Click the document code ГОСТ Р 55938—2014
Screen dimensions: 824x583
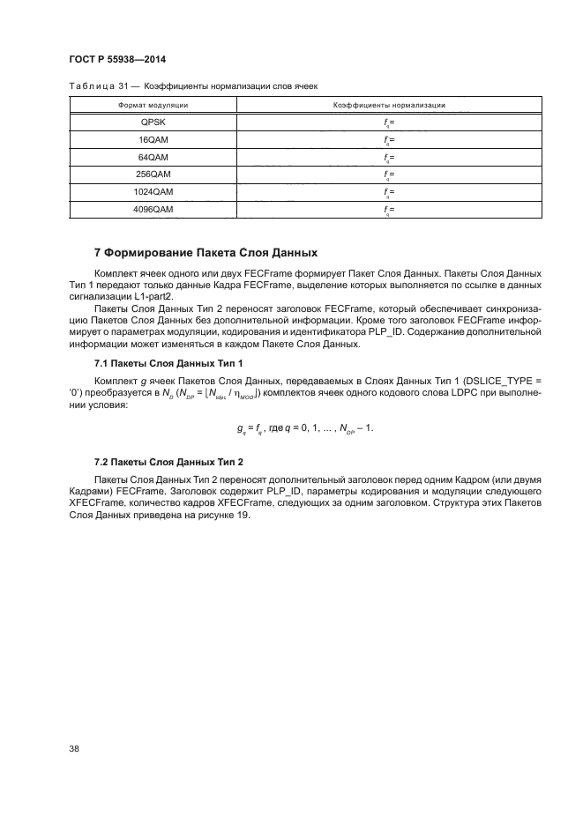tap(117, 60)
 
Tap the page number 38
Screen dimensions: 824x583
tap(75, 749)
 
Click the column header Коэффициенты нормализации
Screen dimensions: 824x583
tap(388, 105)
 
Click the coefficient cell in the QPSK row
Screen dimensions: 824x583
tap(389, 122)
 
